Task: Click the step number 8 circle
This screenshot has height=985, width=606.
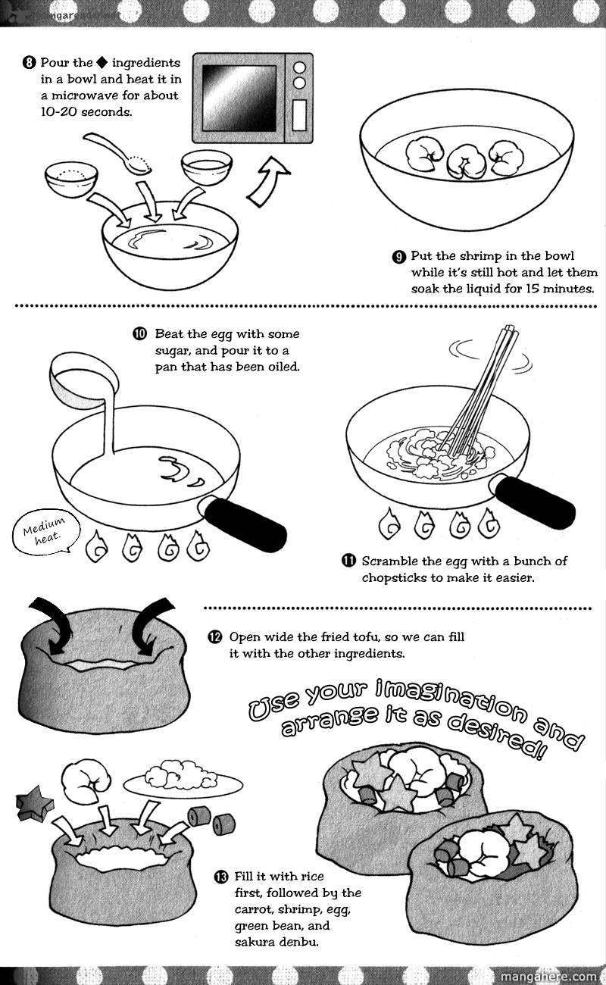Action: tap(29, 63)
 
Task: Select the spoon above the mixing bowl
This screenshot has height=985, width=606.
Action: tap(118, 154)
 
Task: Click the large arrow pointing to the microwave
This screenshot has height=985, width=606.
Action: tap(268, 181)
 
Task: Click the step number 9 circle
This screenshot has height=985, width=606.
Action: tap(399, 257)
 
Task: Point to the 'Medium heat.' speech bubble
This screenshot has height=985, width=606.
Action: tap(43, 532)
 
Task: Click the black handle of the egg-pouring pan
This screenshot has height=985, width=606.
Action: tap(245, 519)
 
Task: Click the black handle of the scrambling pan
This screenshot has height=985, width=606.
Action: tap(535, 499)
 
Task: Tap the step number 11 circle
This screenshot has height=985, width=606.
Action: tap(348, 561)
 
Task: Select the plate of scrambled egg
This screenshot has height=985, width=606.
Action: tap(183, 780)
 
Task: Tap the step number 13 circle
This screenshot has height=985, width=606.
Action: tap(221, 877)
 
